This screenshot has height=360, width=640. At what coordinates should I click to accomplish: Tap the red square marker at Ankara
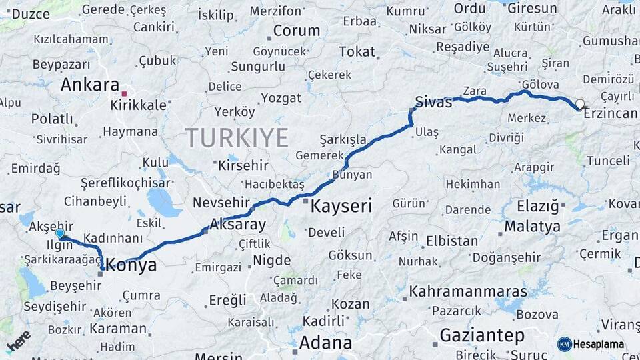(x=124, y=85)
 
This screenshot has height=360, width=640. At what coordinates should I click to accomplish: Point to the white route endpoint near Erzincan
(x=580, y=104)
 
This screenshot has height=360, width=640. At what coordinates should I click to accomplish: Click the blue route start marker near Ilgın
(x=61, y=233)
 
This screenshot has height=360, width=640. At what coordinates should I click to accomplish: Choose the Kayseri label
(x=341, y=206)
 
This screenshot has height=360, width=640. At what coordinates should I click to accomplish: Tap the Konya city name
(x=133, y=265)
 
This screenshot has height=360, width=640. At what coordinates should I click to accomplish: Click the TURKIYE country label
(x=237, y=137)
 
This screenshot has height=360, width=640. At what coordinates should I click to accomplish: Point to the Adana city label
(x=325, y=343)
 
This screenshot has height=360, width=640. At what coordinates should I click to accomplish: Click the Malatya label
(x=532, y=226)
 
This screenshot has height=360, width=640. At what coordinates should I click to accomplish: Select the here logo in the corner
(x=18, y=341)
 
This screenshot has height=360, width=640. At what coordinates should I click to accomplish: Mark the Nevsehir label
(x=221, y=202)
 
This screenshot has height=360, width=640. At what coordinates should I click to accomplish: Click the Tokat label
(x=357, y=51)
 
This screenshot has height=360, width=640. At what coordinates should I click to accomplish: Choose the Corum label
(x=297, y=31)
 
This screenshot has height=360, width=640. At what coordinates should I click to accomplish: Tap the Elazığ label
(x=537, y=206)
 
